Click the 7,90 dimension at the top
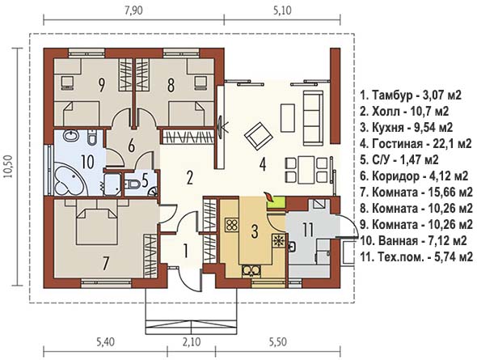[134, 11]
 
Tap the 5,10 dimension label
[282, 11]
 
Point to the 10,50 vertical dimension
[8, 167]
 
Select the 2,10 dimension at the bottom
[192, 342]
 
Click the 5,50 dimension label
[277, 342]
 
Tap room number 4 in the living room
[263, 165]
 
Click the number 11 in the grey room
[308, 230]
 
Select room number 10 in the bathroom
[87, 162]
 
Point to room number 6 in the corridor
[132, 146]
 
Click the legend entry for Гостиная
[416, 143]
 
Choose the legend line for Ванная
[413, 241]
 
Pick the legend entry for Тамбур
[411, 95]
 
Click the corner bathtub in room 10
[70, 180]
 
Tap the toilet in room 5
[132, 184]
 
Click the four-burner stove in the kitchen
[232, 225]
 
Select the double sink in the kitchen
[251, 271]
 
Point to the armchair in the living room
[260, 135]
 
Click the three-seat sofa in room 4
[313, 118]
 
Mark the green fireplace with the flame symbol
[276, 201]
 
